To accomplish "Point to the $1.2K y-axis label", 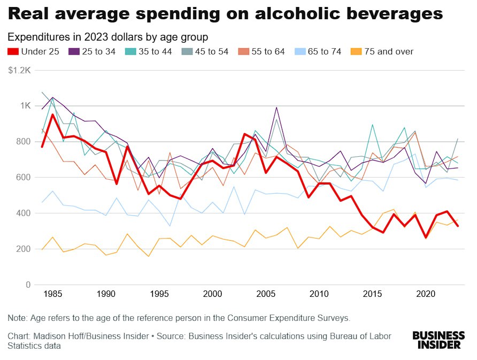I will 19,70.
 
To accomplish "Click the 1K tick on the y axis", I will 25,106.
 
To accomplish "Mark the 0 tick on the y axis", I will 28,285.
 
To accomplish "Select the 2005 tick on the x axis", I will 266,294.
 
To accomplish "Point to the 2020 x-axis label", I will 426,294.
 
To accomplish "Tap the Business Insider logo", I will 438,340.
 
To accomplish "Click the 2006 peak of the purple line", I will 276,108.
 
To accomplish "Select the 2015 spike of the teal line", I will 372,125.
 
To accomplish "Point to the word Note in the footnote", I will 18,318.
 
